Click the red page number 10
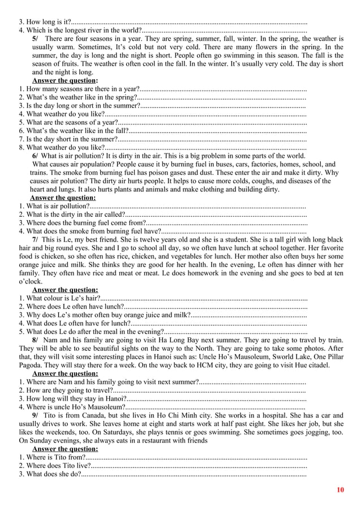pos(339,489)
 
